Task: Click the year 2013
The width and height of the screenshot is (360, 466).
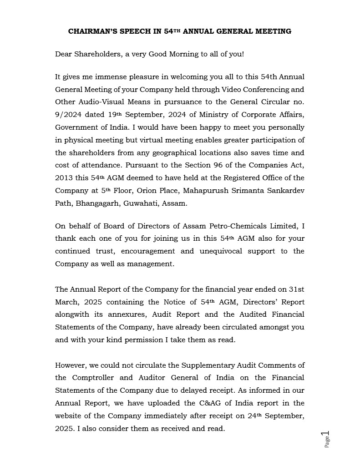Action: click(64, 178)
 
